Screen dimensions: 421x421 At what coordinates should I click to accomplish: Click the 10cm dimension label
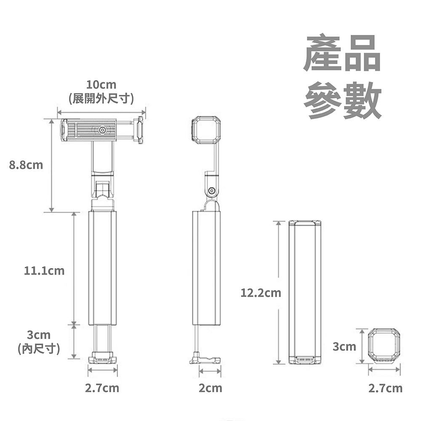101,85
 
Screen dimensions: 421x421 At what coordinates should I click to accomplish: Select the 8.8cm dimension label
26,165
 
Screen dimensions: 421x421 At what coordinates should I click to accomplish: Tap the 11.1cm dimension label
44,271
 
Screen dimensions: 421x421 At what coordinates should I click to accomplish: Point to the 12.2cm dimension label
261,293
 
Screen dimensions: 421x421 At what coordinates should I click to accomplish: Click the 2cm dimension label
210,388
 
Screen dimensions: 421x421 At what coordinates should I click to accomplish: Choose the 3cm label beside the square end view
344,346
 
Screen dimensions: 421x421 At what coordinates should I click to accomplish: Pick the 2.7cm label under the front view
102,388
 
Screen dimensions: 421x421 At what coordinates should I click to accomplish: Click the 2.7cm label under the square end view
385,388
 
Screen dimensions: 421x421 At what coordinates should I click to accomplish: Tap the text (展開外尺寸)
101,99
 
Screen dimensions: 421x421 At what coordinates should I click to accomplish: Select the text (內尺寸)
39,349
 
